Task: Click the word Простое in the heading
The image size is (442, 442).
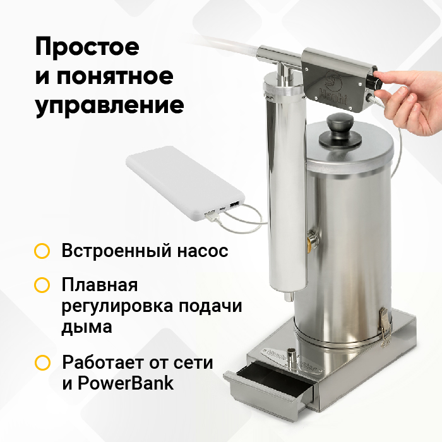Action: [x=87, y=47]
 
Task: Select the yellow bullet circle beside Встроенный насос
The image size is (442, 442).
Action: [x=42, y=251]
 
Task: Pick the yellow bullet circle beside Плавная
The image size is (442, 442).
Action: [x=42, y=285]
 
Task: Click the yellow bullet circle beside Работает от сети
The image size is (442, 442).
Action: [x=42, y=362]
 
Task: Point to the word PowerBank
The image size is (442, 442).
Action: [x=126, y=383]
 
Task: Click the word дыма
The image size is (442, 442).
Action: [x=87, y=327]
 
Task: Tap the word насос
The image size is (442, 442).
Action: [x=203, y=251]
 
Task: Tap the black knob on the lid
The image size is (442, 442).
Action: [x=340, y=130]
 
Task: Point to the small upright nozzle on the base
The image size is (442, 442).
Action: [x=290, y=357]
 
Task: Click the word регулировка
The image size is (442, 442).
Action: [x=118, y=306]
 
